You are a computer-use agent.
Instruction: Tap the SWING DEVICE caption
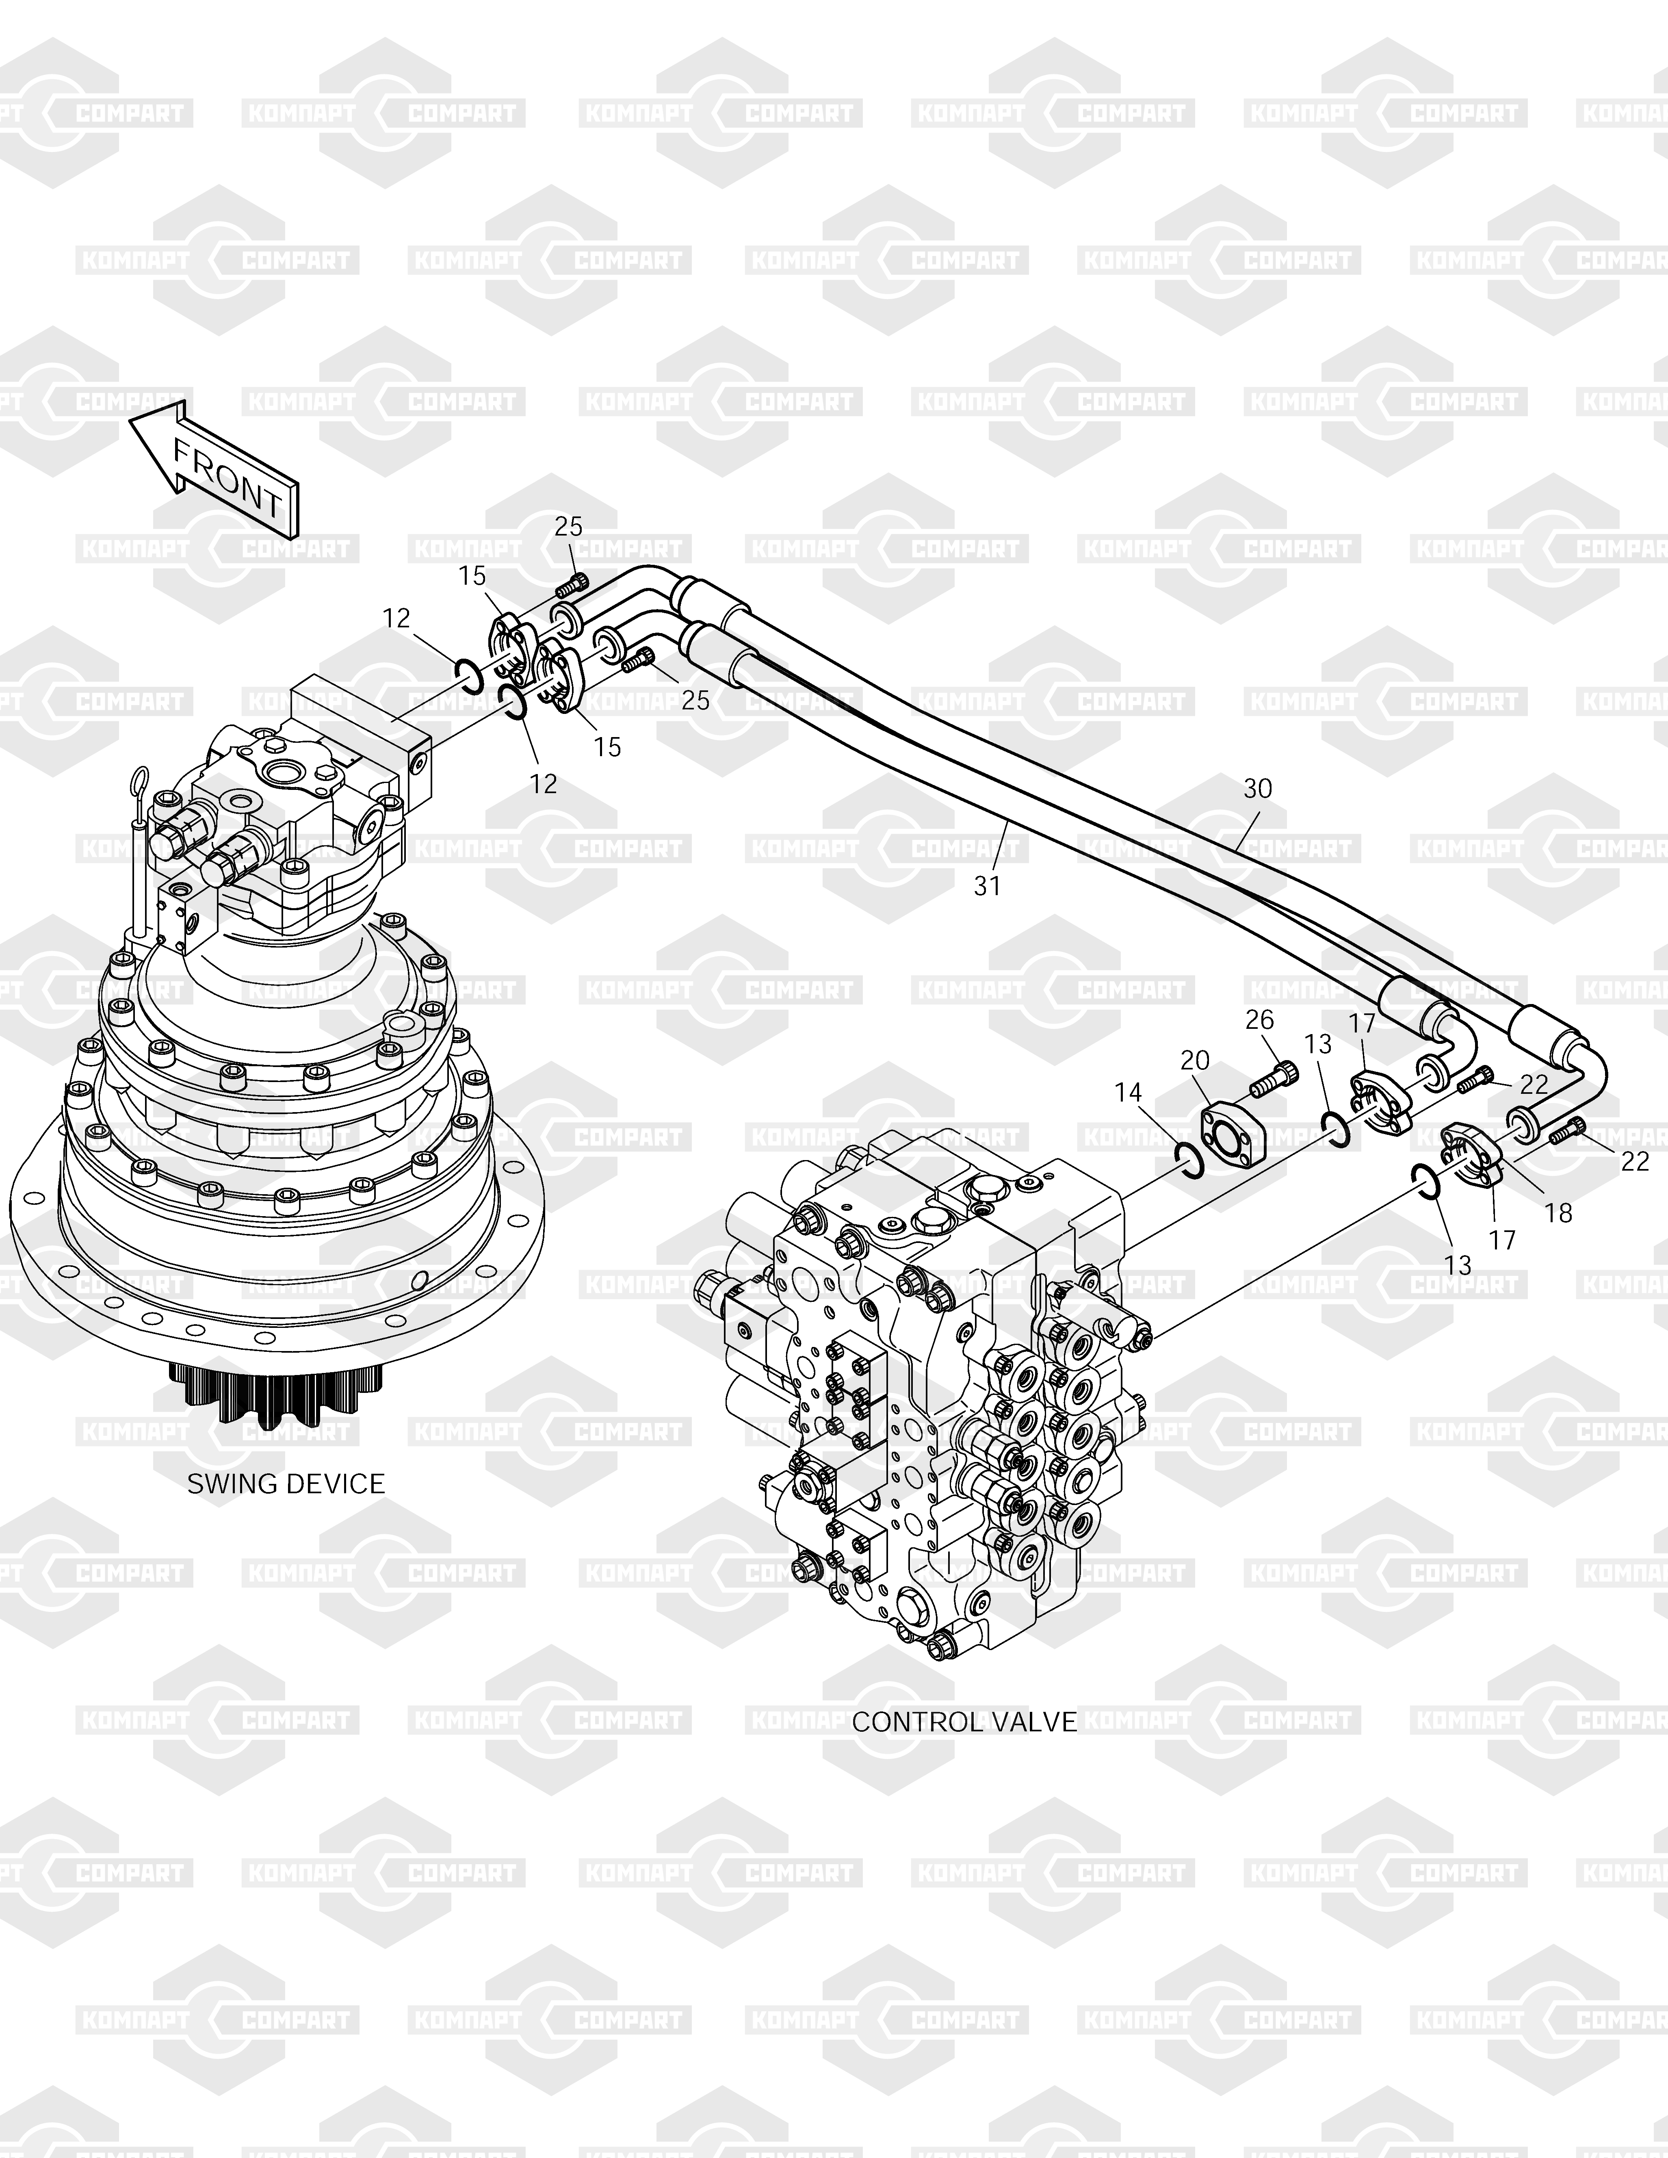tap(286, 1484)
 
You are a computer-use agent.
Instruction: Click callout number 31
tap(987, 886)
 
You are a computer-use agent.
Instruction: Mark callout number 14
tap(1127, 1092)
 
